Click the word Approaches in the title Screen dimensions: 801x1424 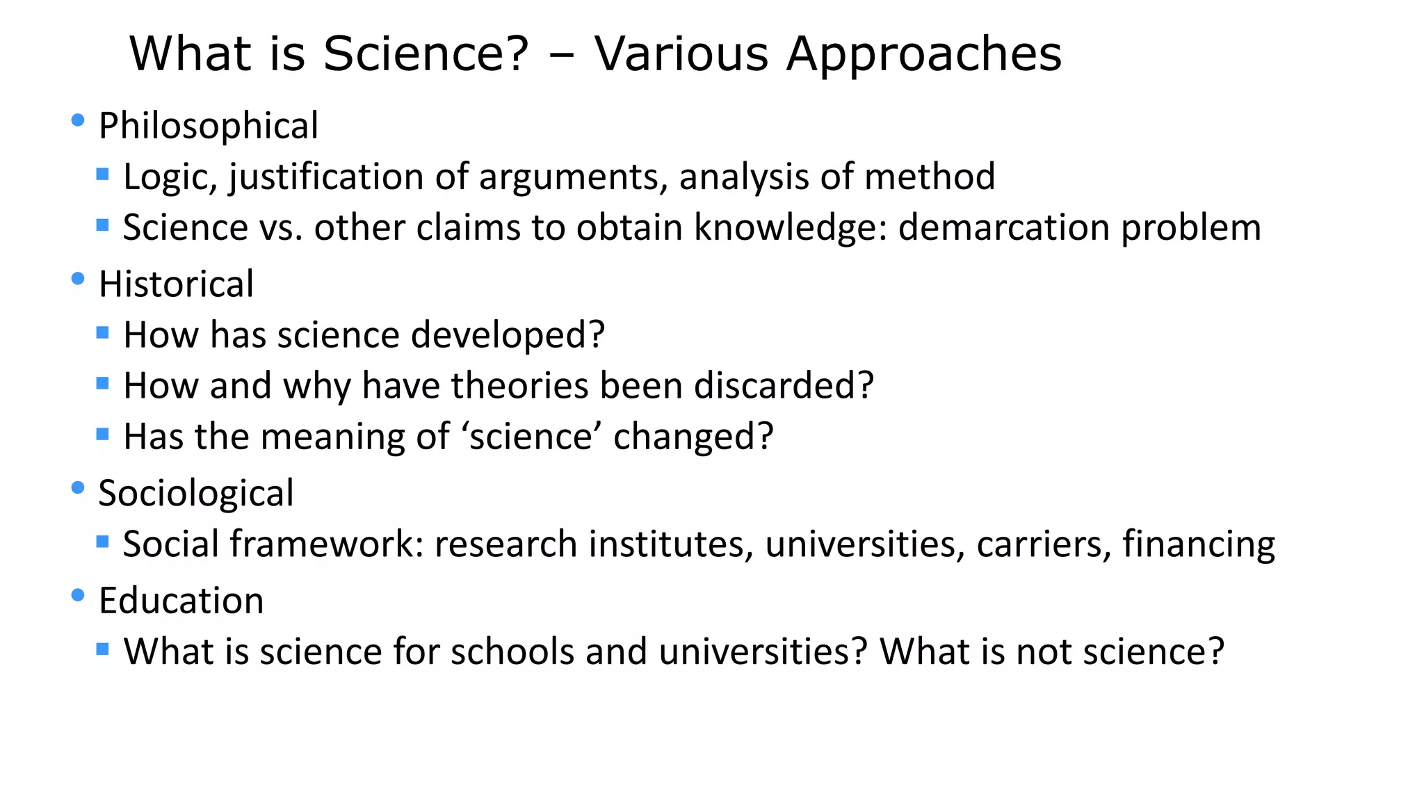point(924,54)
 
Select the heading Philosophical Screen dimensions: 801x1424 point(209,126)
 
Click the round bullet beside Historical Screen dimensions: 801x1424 point(78,280)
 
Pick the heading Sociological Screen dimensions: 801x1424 point(196,493)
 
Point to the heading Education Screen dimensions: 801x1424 point(181,600)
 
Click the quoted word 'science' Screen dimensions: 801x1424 point(531,437)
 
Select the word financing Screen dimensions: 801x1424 point(1199,545)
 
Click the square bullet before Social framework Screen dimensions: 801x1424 point(103,541)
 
